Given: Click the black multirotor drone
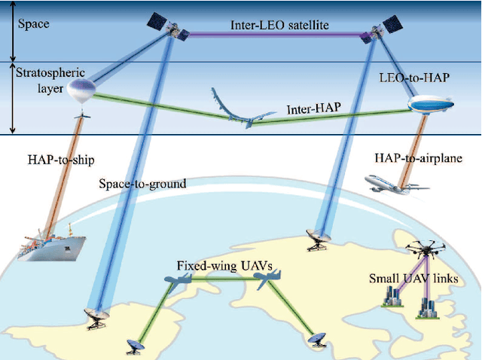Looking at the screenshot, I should coord(424,250).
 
